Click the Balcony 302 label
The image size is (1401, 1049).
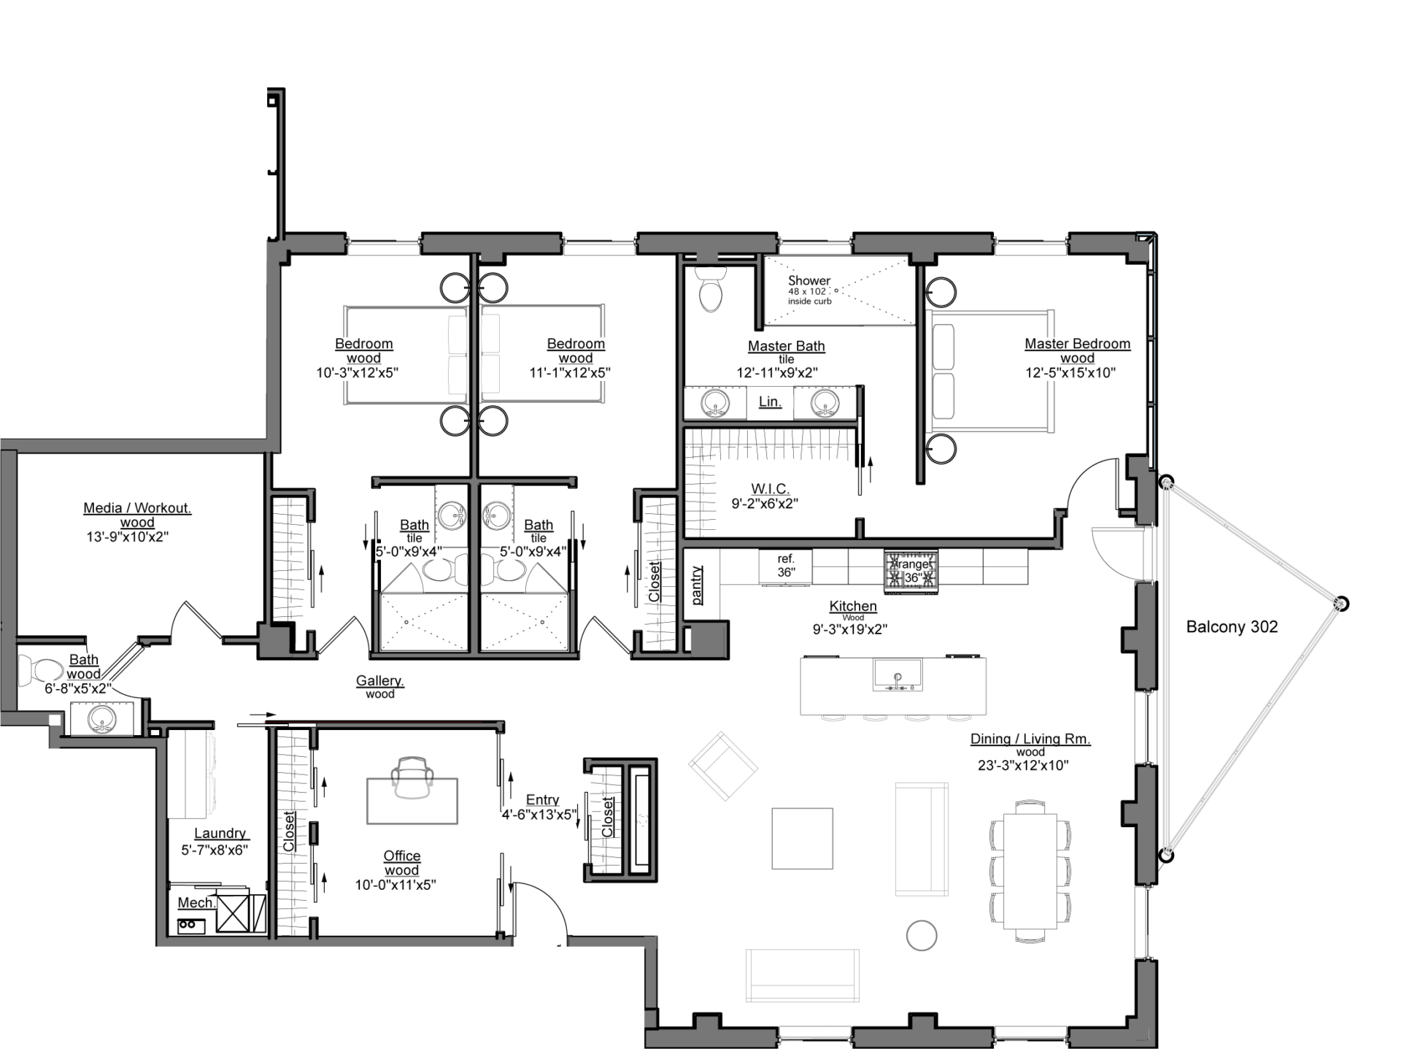pyautogui.click(x=1232, y=626)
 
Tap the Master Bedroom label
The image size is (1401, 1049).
pyautogui.click(x=1077, y=344)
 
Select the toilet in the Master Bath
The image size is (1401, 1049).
pyautogui.click(x=710, y=291)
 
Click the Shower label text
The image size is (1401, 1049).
pyautogui.click(x=808, y=280)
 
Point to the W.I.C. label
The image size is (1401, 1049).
pyautogui.click(x=770, y=488)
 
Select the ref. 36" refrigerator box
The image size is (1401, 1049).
pyautogui.click(x=785, y=566)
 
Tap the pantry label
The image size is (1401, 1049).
pyautogui.click(x=698, y=585)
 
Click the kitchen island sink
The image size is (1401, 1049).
pyautogui.click(x=898, y=675)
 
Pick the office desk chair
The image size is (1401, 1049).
pyautogui.click(x=412, y=776)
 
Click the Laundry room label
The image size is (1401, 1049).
pyautogui.click(x=220, y=834)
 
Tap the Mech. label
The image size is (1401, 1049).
pyautogui.click(x=196, y=903)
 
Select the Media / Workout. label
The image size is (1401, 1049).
pyautogui.click(x=137, y=508)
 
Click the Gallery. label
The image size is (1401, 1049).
pyautogui.click(x=380, y=680)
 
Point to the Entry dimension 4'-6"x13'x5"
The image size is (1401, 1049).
pyautogui.click(x=539, y=815)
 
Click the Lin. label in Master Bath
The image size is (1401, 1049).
pyautogui.click(x=770, y=401)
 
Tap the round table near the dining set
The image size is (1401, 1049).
pyautogui.click(x=921, y=935)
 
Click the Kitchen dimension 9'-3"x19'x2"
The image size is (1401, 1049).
pyautogui.click(x=849, y=629)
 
